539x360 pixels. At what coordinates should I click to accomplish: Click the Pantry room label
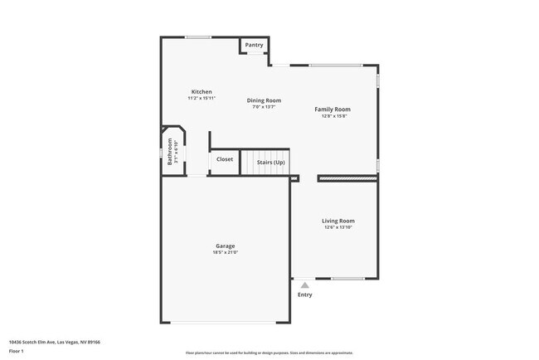pos(254,45)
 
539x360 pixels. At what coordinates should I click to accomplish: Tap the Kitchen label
pos(202,91)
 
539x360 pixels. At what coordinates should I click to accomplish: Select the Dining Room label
pos(265,100)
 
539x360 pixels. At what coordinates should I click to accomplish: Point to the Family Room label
pos(332,109)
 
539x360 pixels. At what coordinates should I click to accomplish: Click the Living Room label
pos(338,221)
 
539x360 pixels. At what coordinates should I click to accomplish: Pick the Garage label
pos(226,246)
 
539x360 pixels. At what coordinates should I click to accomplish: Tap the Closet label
pos(225,159)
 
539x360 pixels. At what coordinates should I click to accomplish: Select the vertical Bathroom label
pos(170,152)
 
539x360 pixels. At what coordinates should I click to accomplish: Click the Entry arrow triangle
pos(304,285)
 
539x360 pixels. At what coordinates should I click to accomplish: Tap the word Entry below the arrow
pos(305,294)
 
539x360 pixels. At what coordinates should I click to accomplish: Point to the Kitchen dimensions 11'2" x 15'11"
pos(202,98)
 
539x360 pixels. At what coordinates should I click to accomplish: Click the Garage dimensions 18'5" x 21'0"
pos(226,252)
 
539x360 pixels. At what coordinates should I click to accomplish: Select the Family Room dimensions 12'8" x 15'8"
pos(332,115)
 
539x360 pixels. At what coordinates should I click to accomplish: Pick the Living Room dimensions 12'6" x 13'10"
pos(338,227)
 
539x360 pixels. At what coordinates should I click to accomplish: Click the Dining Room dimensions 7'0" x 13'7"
pos(265,107)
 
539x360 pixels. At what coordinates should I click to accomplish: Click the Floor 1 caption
pos(17,351)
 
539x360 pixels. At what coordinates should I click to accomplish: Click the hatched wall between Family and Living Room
pos(347,178)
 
